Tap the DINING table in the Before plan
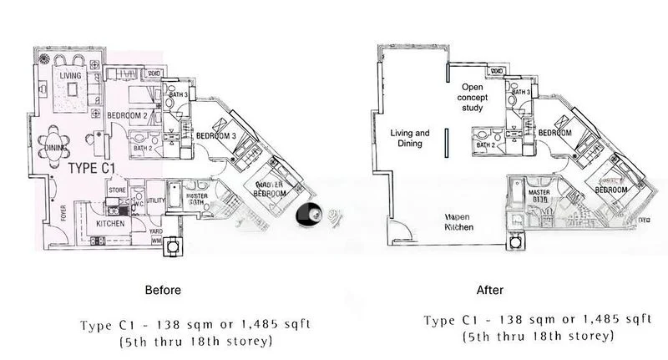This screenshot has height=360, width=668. tap(57, 148)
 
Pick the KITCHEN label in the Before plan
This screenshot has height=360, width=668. tap(110, 223)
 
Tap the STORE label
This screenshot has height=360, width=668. tap(116, 191)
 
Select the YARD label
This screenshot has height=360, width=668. tap(156, 231)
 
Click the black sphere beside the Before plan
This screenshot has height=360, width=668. tap(307, 215)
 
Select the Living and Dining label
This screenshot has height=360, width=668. tap(411, 139)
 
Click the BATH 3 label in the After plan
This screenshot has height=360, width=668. tap(523, 92)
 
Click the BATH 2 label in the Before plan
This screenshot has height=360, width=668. tap(143, 148)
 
